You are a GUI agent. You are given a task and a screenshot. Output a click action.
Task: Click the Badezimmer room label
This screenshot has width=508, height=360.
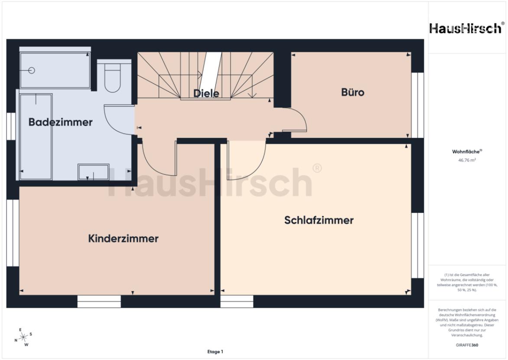[x=60, y=122]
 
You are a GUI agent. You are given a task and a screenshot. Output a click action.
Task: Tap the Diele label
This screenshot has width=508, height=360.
[x=206, y=93]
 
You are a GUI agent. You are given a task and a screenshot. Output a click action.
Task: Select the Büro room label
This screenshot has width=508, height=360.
[x=353, y=92]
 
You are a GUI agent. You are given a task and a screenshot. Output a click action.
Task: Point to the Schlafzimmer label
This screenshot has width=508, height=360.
[x=319, y=220]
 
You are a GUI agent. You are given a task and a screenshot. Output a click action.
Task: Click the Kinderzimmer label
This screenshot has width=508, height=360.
[x=123, y=239]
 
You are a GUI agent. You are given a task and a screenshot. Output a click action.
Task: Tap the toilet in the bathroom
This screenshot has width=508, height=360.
[x=113, y=78]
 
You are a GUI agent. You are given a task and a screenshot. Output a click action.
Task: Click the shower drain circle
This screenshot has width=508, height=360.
[x=31, y=70]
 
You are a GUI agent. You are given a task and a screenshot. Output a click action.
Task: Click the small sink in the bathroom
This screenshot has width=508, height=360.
[x=93, y=172]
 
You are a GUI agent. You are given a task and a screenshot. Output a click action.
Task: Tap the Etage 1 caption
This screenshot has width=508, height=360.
[x=215, y=352]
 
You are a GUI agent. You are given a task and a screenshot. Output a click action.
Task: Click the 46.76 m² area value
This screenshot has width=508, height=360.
[x=468, y=160]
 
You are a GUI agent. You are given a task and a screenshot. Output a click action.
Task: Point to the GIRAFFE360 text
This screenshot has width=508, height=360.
[x=468, y=345]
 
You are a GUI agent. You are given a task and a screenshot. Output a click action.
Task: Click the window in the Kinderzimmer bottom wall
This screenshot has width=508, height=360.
[x=99, y=301]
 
